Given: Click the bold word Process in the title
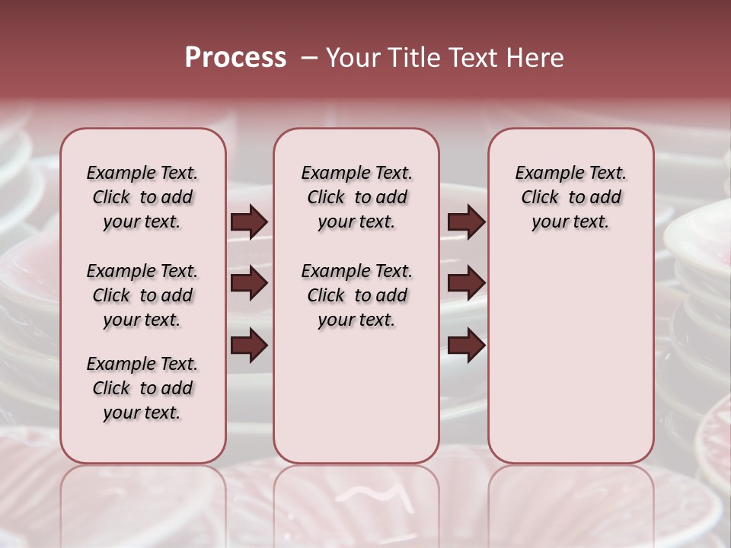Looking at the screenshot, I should point(235,58).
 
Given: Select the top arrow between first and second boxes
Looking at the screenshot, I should point(249,221).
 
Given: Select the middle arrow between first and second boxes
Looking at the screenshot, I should point(249,284).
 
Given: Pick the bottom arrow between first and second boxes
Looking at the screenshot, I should point(249,346).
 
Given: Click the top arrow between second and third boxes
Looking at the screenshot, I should point(466,221).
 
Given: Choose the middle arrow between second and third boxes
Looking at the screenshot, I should point(466,284).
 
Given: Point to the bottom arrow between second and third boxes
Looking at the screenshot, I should point(466,346).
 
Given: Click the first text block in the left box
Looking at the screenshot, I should point(142,197).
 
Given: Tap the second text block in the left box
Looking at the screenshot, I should point(142,295).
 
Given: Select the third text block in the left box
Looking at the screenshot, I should point(142,388).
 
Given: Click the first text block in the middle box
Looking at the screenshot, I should point(356,197).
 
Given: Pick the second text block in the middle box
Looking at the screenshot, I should point(356,295).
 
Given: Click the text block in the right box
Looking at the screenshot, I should point(570,197).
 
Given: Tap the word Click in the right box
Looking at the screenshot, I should point(540,198).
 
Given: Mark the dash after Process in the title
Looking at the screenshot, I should point(309,58).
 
